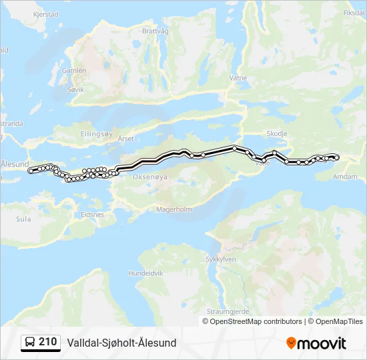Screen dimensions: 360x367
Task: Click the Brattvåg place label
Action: tap(155, 31)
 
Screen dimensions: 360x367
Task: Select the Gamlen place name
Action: tap(73, 70)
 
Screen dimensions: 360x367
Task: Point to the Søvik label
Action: tap(75, 88)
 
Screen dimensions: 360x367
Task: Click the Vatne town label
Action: tap(238, 77)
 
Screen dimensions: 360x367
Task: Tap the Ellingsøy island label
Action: tap(97, 133)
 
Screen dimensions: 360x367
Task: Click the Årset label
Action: tap(125, 139)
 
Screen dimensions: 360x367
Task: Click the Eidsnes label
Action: tap(92, 215)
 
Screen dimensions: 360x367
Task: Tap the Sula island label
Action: tap(23, 218)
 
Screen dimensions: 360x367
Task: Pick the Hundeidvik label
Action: tap(145, 273)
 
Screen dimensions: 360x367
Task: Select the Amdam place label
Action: tap(345, 177)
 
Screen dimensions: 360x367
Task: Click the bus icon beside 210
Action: tap(30, 343)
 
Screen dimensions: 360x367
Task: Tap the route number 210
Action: tap(48, 342)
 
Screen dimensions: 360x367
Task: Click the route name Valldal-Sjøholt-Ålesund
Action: tap(121, 343)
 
